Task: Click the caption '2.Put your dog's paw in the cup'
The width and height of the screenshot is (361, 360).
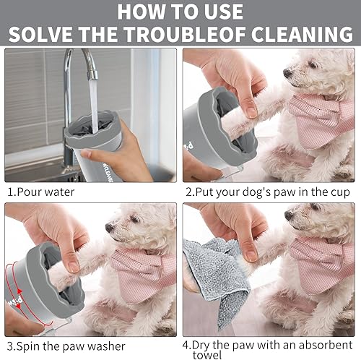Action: coord(267,192)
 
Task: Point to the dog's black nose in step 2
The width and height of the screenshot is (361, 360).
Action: coord(287,73)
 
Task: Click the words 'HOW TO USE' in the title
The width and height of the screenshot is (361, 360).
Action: coord(180,12)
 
